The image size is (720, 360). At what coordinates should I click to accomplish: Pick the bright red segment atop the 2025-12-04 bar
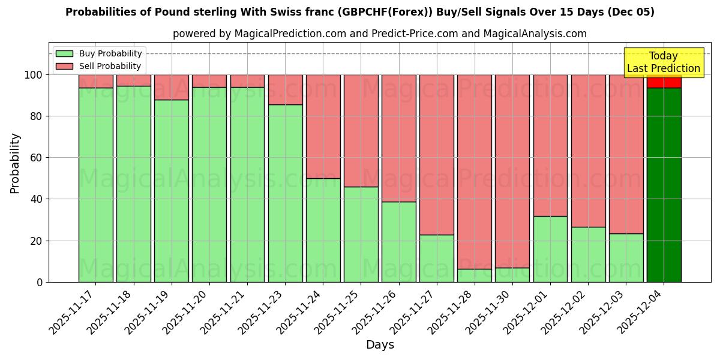pyautogui.click(x=664, y=82)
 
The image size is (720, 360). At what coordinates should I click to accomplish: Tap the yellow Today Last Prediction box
pyautogui.click(x=663, y=62)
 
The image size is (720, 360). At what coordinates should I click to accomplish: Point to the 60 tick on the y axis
pyautogui.click(x=40, y=158)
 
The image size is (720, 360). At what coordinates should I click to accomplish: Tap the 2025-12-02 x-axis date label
pyautogui.click(x=566, y=312)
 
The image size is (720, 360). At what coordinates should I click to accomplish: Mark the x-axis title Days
pyautogui.click(x=380, y=345)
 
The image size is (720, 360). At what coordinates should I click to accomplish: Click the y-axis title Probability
pyautogui.click(x=15, y=163)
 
